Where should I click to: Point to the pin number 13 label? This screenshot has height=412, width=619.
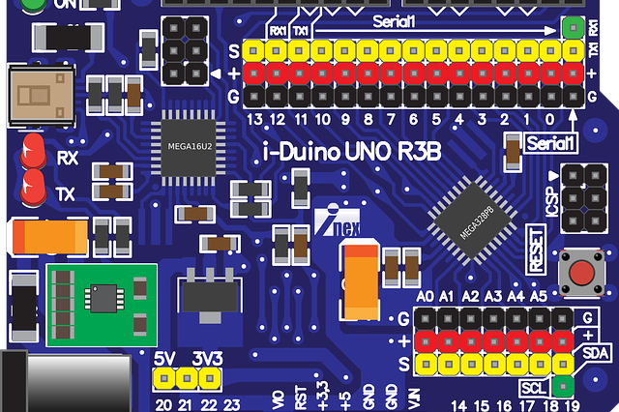coord(255,120)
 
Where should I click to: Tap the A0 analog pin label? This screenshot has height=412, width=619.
coord(424,296)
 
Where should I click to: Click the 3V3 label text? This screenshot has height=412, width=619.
coord(207,358)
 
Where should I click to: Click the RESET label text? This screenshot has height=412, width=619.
coord(538,248)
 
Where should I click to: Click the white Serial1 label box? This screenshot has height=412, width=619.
coord(552,143)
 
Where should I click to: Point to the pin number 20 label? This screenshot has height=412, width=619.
coord(162,404)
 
